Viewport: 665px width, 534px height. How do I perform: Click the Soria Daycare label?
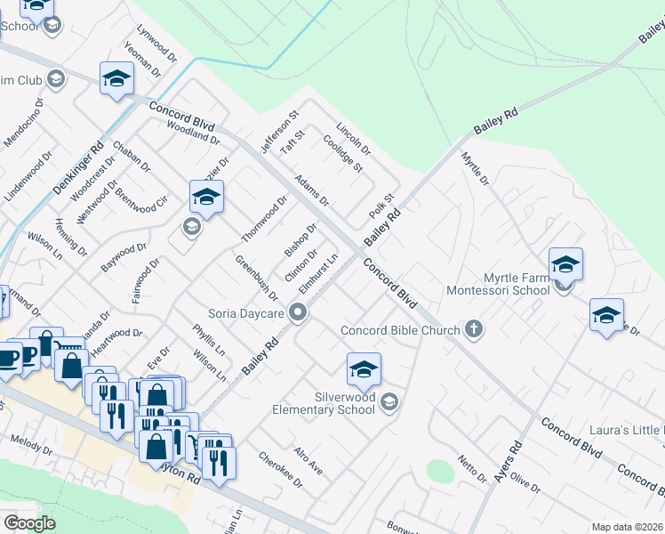click(245, 313)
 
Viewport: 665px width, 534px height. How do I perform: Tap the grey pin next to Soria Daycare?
click(300, 313)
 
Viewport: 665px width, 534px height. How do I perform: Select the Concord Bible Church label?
click(400, 330)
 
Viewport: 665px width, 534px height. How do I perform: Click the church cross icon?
click(474, 330)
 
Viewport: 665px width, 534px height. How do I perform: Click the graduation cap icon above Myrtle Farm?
click(565, 264)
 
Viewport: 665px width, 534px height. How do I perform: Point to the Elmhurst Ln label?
click(318, 275)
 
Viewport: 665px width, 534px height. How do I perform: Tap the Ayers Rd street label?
click(514, 460)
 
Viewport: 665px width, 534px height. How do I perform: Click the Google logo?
click(29, 523)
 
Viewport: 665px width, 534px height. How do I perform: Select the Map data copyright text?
click(627, 527)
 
